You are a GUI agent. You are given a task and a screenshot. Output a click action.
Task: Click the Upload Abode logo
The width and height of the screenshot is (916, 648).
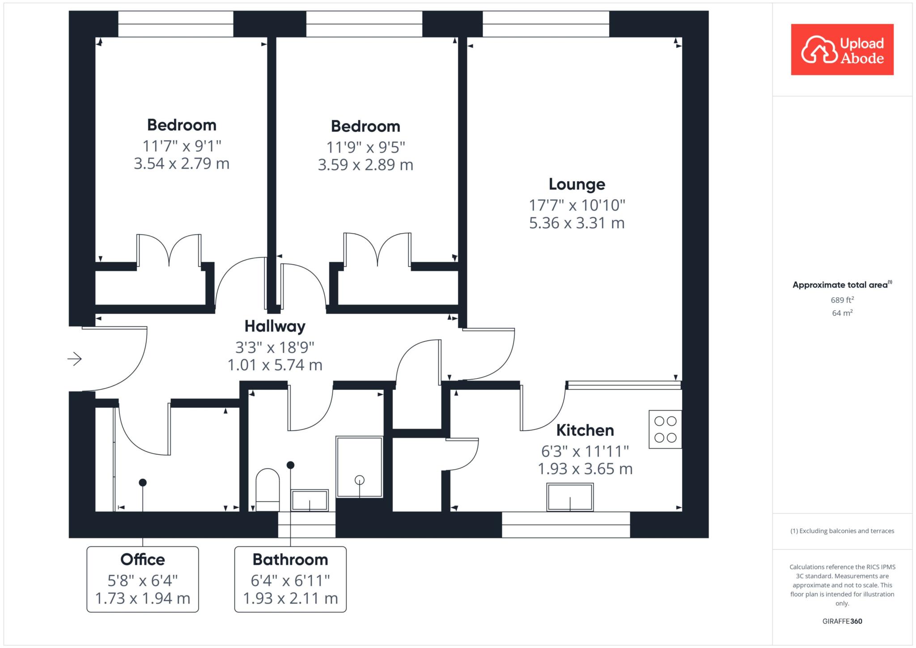point(842,49)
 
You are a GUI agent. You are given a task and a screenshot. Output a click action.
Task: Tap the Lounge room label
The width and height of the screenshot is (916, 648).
point(577,184)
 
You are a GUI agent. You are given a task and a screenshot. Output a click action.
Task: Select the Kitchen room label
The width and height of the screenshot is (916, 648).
point(585,430)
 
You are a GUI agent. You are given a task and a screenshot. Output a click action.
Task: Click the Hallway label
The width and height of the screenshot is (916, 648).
point(275,326)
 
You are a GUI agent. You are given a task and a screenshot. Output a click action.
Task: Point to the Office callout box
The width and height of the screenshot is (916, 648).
point(143,579)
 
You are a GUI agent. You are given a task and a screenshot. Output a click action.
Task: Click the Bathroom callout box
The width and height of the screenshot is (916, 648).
point(290,579)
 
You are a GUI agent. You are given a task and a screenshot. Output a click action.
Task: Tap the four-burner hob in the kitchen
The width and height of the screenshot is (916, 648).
point(665,429)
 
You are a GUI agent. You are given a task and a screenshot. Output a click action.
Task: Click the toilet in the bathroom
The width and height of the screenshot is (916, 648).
point(267,490)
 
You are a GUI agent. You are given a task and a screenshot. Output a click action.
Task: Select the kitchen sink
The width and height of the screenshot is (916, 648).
point(570,497)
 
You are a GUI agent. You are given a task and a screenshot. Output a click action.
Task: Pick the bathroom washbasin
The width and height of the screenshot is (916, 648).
point(310,500)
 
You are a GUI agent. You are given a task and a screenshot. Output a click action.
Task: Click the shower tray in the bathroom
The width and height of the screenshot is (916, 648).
point(360,467)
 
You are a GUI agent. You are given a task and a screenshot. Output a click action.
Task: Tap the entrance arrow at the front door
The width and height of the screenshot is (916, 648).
point(75,359)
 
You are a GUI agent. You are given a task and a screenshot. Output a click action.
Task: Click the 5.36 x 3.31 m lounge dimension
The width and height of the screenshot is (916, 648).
point(577,223)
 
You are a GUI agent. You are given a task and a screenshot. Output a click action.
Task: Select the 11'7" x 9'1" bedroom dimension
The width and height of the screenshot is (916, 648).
point(182,146)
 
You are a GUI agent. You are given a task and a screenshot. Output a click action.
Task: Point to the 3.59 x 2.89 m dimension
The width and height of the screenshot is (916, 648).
point(365,165)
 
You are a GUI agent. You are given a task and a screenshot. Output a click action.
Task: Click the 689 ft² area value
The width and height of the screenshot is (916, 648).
point(843,300)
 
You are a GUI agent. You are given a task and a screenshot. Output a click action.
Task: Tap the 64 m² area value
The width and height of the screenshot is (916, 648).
point(843,313)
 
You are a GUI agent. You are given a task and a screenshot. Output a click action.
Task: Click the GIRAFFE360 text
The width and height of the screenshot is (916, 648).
point(842,621)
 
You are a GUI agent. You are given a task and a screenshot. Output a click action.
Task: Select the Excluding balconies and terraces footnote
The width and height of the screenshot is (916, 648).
point(842,531)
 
